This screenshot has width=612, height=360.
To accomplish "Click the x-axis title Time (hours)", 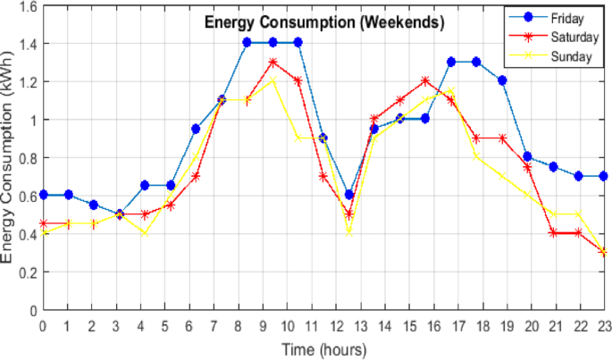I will [323, 348].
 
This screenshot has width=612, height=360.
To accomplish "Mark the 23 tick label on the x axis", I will [604, 325].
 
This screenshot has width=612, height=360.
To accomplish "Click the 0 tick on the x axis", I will [43, 325].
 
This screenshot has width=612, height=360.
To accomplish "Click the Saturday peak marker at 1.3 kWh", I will [272, 63].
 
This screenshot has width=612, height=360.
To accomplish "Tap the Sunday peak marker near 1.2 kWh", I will [272, 81].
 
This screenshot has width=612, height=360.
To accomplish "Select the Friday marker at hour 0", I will [43, 195].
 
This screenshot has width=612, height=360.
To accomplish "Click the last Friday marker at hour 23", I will [604, 176].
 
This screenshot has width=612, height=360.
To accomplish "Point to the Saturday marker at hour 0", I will [43, 223].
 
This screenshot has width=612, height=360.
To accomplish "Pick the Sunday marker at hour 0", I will [43, 233].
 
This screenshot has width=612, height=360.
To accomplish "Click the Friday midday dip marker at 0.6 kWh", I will [349, 195].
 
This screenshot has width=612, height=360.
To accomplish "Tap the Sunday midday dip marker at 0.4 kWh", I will [349, 233].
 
